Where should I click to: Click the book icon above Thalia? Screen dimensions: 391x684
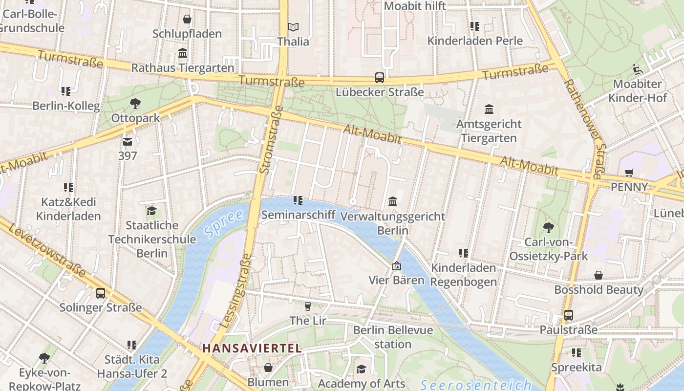pos(293,27)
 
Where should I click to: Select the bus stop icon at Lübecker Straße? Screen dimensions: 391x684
pos(380,78)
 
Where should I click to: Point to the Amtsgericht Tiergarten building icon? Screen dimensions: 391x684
pos(489,109)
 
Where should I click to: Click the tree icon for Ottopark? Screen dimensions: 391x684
pos(135,103)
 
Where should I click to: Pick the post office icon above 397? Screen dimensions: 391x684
pos(128,142)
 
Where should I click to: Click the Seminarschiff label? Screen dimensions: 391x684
pos(298,215)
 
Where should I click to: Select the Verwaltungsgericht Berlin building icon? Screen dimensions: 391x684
pos(392,201)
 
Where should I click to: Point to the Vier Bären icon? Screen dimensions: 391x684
pos(397,266)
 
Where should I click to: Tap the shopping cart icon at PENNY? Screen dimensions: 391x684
pos(629,173)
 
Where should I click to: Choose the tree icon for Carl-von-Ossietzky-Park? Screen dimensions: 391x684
pos(548,227)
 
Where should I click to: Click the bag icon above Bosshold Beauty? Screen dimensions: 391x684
pos(598,275)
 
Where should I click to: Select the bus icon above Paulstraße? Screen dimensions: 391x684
pos(568,315)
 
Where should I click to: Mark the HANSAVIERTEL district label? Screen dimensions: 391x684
pos(252,348)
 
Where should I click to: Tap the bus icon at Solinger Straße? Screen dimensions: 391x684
pos(100,293)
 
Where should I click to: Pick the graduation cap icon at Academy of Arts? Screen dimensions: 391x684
pos(361,369)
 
